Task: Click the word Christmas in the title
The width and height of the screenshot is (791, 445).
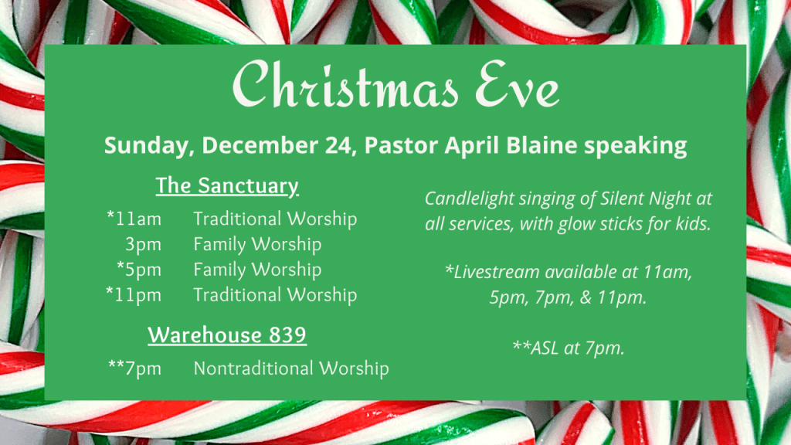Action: pos(345,84)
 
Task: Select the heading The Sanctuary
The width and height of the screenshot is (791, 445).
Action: pos(227,186)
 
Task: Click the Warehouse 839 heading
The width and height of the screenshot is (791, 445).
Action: pos(227,335)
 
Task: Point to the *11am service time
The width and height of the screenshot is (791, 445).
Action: pos(134,219)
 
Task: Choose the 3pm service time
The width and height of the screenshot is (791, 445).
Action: pos(143,245)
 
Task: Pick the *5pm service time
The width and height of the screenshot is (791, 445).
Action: pos(139,270)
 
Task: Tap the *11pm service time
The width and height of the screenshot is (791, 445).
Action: pos(134,295)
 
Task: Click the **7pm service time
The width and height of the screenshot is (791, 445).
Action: pos(134,369)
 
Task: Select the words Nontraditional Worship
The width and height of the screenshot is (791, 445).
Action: pos(291,369)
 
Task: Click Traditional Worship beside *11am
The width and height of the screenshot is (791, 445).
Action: pos(275,219)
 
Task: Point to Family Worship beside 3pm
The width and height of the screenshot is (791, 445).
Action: pos(257,245)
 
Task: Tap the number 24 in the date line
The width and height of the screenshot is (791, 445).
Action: pos(338,145)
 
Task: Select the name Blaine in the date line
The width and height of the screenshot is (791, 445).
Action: pos(541,144)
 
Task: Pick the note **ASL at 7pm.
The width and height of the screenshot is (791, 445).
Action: pos(569,348)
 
